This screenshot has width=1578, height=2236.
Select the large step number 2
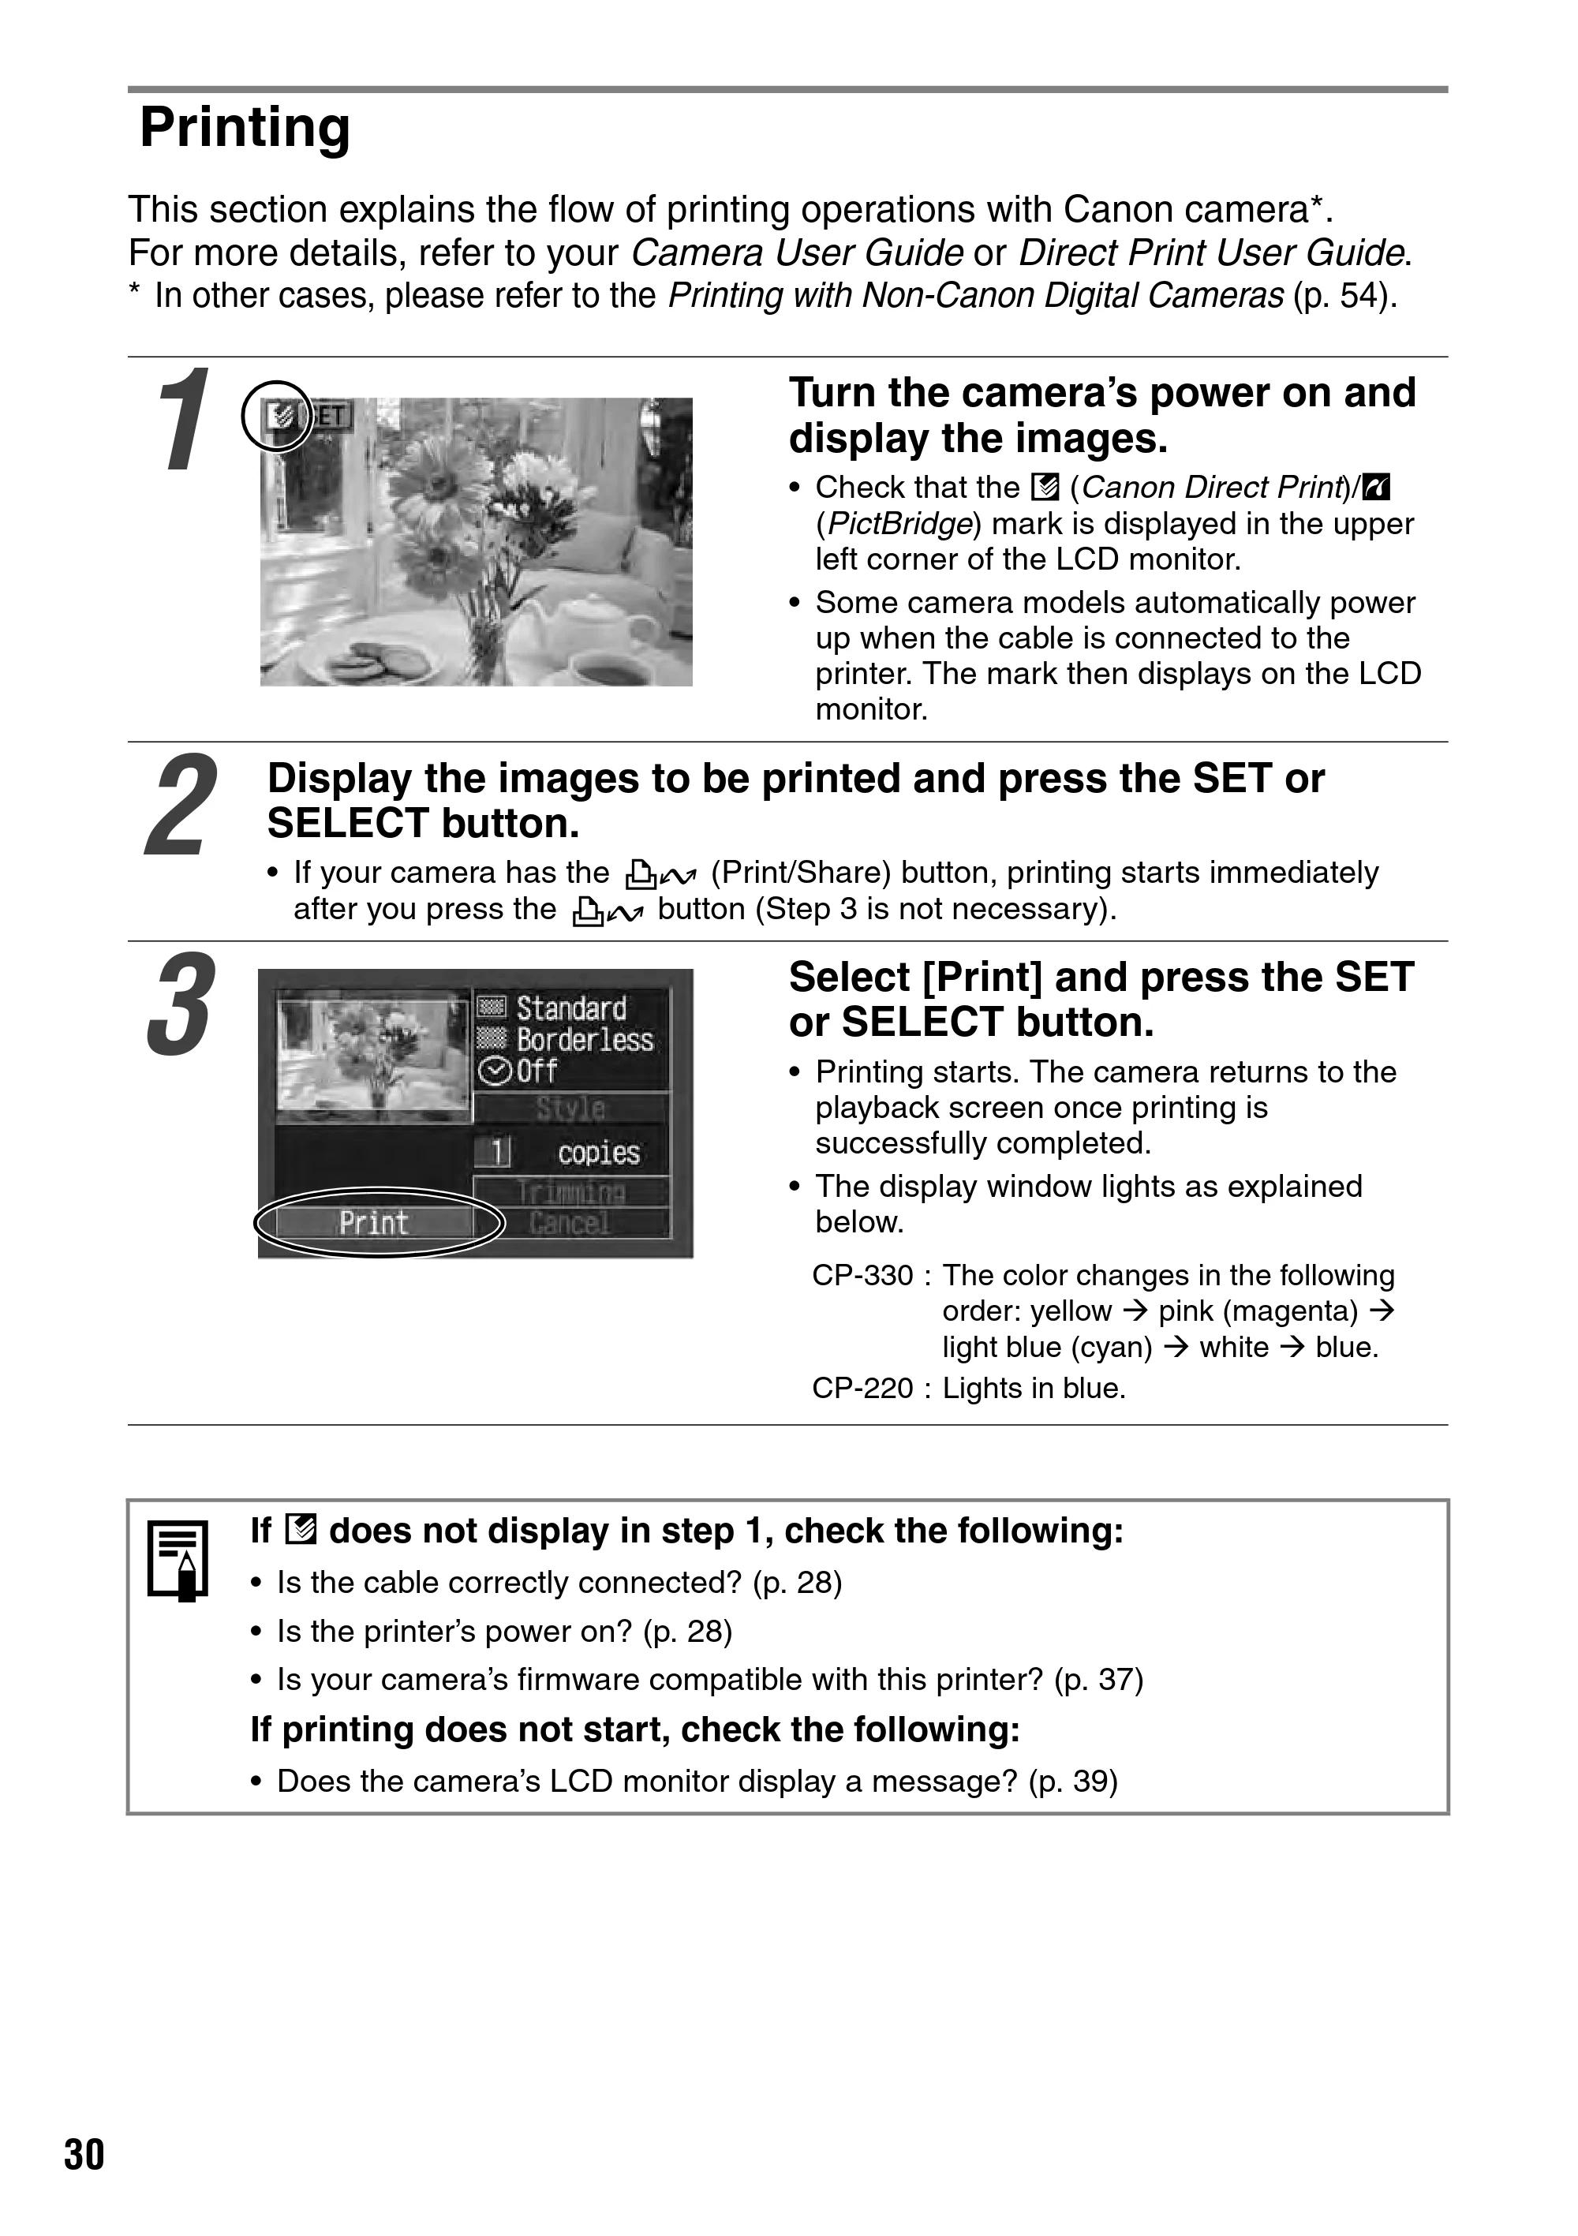click(x=182, y=805)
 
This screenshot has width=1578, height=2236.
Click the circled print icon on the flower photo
click(x=278, y=417)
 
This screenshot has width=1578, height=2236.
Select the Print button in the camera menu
click(x=374, y=1222)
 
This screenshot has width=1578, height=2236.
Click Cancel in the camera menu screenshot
click(x=570, y=1222)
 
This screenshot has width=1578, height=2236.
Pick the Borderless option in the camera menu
click(x=585, y=1040)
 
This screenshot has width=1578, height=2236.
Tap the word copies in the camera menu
click(x=598, y=1153)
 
